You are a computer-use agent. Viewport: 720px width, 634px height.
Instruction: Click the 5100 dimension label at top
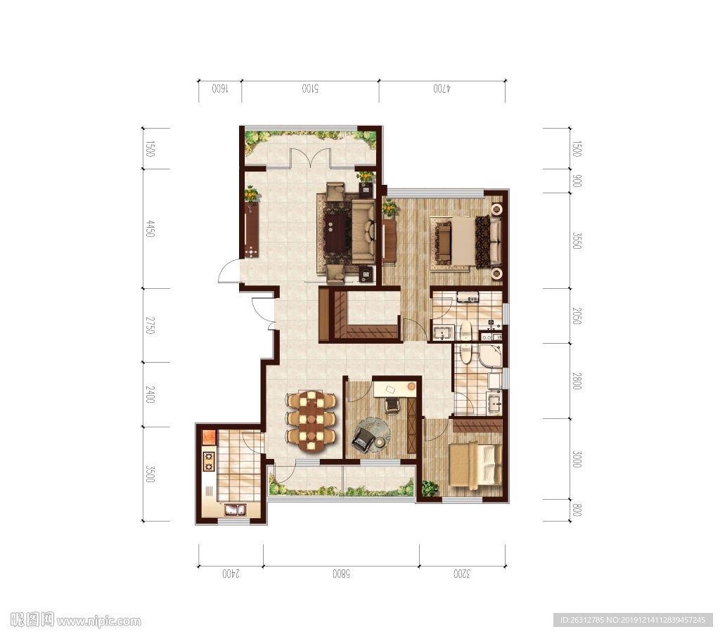coord(310,89)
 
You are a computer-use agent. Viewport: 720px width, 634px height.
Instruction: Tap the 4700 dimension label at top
coord(442,89)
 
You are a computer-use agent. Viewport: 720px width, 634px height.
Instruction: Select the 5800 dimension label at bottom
coord(341,574)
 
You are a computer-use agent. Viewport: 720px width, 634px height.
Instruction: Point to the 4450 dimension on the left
coord(150,228)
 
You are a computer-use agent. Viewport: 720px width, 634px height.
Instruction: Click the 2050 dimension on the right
coord(577,316)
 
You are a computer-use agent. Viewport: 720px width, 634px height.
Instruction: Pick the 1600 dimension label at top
coord(220,89)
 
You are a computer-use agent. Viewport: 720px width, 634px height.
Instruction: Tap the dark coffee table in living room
coord(335,232)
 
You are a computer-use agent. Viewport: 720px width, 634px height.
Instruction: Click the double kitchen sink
coord(235,509)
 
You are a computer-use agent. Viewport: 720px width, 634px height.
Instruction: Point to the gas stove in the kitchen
coord(208,461)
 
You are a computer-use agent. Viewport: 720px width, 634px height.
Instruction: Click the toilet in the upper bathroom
coord(466,332)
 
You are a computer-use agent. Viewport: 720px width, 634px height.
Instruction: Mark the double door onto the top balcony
coord(310,157)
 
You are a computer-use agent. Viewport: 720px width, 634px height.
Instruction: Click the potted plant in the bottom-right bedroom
coord(430,488)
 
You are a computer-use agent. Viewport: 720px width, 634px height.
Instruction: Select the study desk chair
coord(392,406)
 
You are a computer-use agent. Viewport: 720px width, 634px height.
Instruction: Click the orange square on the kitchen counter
coord(209,436)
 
